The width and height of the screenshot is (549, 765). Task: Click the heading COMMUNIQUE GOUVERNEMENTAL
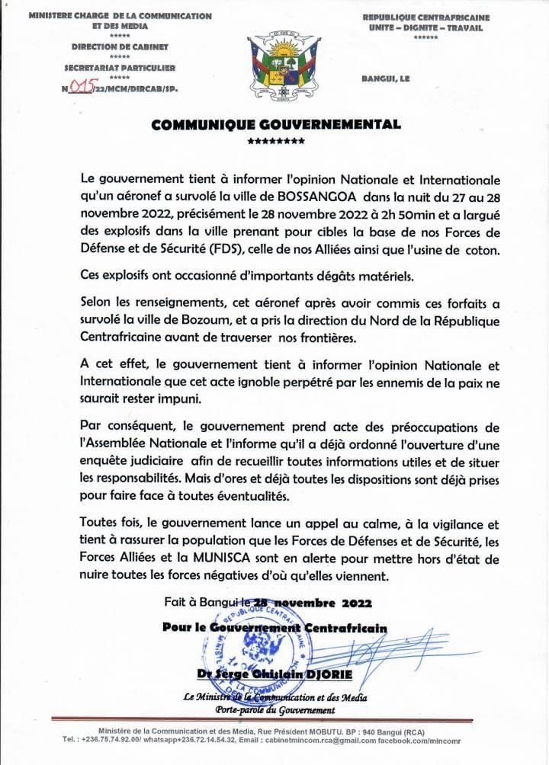pyautogui.click(x=275, y=125)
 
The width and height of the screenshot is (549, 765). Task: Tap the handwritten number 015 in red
pyautogui.click(x=80, y=88)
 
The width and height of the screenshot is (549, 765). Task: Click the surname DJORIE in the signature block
pyautogui.click(x=336, y=677)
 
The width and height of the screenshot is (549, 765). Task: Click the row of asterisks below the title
pyautogui.click(x=276, y=141)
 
